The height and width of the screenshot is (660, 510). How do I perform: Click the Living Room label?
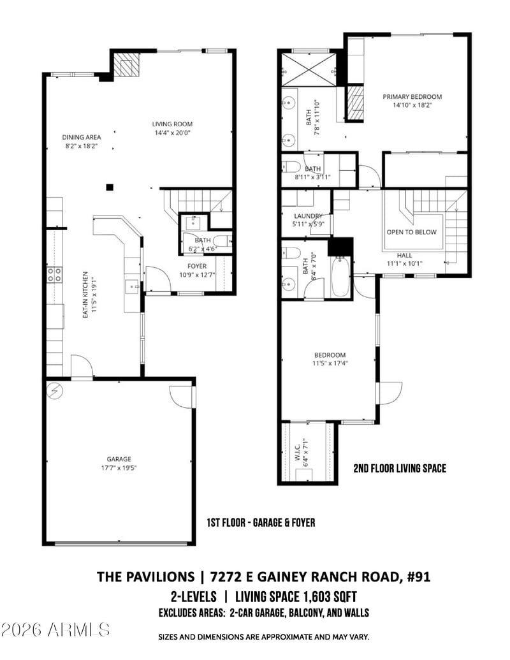point(172,124)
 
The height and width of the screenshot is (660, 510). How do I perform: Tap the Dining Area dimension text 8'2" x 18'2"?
point(81,146)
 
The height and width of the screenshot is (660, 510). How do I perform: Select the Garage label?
point(119,458)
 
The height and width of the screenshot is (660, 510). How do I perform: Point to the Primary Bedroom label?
point(412,97)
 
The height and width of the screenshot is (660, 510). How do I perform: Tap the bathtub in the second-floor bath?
point(340,277)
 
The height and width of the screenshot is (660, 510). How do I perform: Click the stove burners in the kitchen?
point(55,274)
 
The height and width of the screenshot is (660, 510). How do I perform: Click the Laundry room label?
point(308,216)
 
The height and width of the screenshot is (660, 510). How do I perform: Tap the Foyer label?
point(196,266)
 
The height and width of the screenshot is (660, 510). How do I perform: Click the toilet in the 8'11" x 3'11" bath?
point(293,168)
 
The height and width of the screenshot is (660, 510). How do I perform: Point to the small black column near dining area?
point(110,187)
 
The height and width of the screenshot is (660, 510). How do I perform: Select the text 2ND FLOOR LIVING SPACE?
point(400,469)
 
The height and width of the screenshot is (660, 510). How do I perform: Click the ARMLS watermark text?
point(55,629)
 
